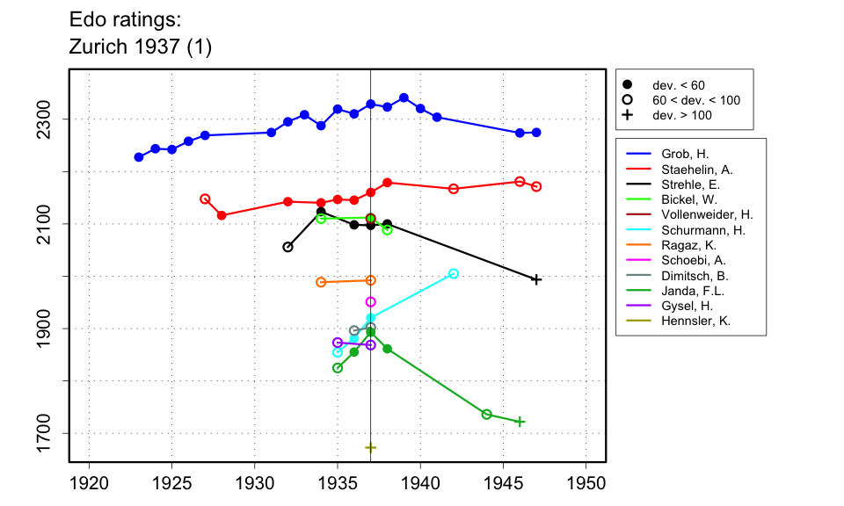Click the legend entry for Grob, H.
(x=679, y=154)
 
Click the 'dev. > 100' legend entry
(x=681, y=115)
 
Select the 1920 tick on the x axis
(x=89, y=482)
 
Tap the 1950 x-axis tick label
(x=586, y=482)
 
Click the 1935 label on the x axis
(x=338, y=482)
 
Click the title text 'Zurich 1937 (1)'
(x=140, y=47)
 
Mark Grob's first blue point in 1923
(x=139, y=157)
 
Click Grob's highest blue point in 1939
(x=404, y=98)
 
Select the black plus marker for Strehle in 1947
(x=536, y=279)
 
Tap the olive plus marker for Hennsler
(x=370, y=448)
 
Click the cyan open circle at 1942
(x=454, y=273)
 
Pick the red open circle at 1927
(x=205, y=199)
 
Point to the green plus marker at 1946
(x=520, y=422)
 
